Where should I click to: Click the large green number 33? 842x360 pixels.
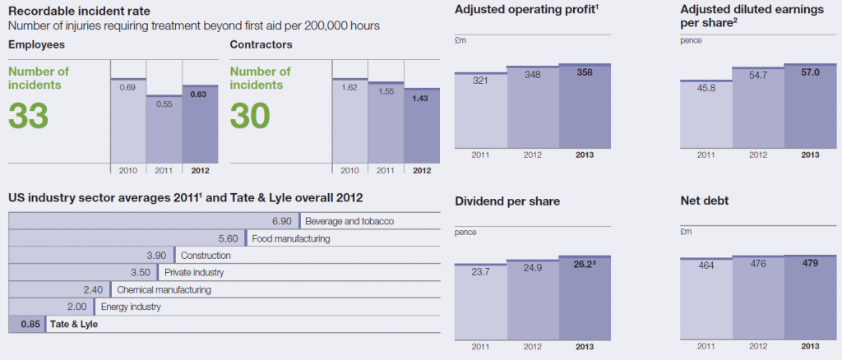click(x=29, y=115)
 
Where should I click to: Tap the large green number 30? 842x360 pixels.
click(x=251, y=115)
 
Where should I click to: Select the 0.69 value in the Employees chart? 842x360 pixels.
click(x=127, y=86)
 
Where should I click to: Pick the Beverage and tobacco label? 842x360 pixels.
click(x=349, y=221)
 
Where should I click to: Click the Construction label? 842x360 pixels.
click(x=206, y=256)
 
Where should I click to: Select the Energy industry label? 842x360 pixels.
click(x=130, y=307)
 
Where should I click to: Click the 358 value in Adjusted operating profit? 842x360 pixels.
click(x=585, y=72)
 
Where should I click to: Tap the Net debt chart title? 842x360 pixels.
click(x=704, y=201)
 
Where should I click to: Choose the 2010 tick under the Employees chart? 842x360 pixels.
click(x=127, y=170)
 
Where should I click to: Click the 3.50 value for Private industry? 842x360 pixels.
click(x=143, y=272)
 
